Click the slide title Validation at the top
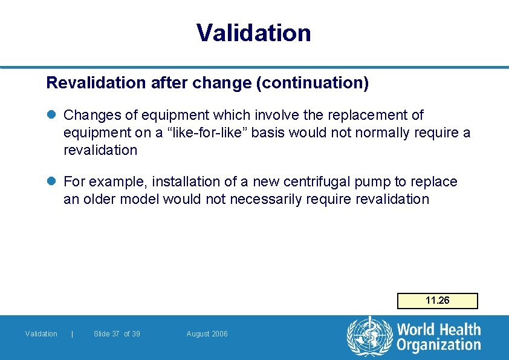[x=254, y=33]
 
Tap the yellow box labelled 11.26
[x=437, y=301]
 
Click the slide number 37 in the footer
[x=115, y=334]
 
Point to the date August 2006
[x=207, y=334]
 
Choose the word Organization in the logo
[x=438, y=345]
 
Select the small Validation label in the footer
[x=41, y=334]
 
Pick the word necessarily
[x=264, y=199]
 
